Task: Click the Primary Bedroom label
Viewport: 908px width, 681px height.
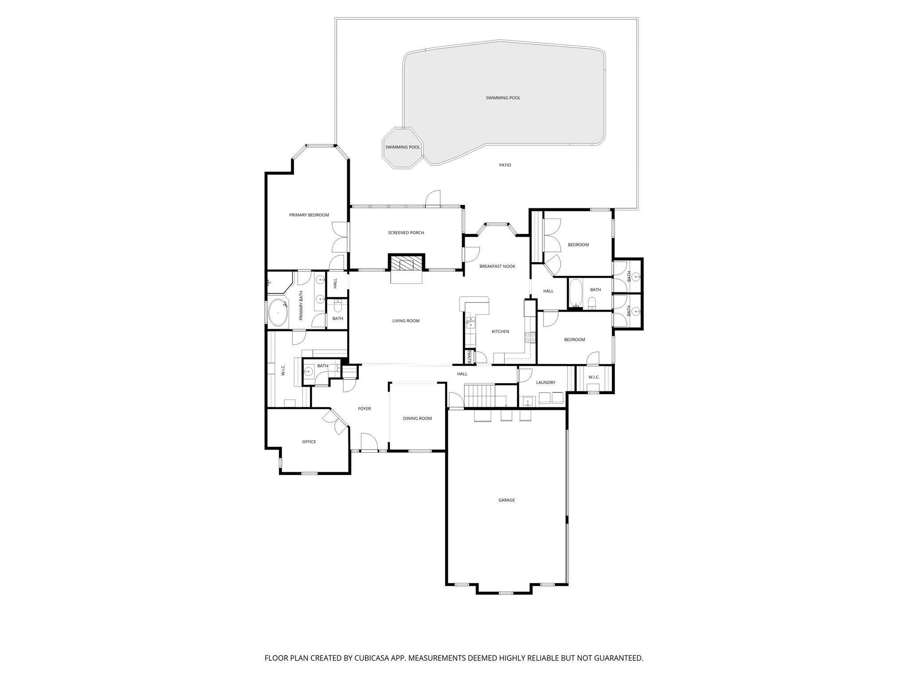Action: (309, 215)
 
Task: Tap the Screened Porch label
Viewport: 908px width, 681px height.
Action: (406, 233)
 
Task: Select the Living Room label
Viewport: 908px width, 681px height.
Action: (406, 321)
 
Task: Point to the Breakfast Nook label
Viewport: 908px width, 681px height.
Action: (497, 266)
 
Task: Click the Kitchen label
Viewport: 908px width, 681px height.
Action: (500, 332)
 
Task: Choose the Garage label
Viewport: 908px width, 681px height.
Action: (506, 500)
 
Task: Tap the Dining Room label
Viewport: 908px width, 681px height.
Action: (417, 419)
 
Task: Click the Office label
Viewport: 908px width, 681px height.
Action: (309, 442)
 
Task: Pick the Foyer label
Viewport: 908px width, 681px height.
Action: (364, 409)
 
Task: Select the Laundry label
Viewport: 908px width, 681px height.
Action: (545, 383)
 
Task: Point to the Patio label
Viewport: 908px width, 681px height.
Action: (505, 165)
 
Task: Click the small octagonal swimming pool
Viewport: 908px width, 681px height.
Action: (403, 148)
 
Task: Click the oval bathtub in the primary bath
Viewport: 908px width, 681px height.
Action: (278, 313)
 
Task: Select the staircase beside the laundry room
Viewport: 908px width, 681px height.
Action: (479, 395)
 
